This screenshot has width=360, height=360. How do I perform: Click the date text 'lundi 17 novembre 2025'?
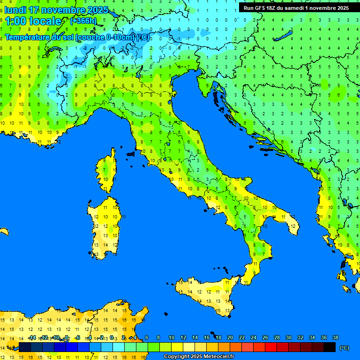point(57,10)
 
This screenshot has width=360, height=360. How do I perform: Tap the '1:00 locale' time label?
point(33,21)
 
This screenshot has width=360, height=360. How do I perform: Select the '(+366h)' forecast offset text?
point(83,21)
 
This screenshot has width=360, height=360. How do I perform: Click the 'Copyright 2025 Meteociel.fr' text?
point(199,356)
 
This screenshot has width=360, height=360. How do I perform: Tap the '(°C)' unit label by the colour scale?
point(344,348)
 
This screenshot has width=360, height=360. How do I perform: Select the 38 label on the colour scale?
point(336,337)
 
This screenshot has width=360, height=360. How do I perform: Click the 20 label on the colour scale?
point(230,337)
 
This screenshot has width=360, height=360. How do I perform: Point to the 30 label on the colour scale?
point(289,337)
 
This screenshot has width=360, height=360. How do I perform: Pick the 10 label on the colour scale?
point(172,337)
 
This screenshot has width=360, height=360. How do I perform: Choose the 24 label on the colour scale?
point(254,337)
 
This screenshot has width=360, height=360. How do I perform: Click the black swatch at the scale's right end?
point(330,347)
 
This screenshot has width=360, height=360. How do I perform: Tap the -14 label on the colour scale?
point(32,337)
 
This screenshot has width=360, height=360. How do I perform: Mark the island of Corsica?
point(108,171)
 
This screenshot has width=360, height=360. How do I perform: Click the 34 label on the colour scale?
point(312,337)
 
